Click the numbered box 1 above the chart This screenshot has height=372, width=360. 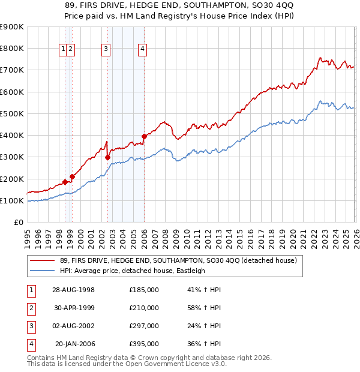point(63,50)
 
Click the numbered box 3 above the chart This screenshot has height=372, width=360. point(106,50)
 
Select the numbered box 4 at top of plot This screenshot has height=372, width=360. point(143,50)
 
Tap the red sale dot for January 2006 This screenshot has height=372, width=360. point(144,136)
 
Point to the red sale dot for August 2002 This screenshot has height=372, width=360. point(108,158)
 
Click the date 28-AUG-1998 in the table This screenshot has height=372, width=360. point(73,290)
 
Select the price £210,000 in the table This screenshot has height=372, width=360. point(144,308)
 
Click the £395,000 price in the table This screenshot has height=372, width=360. point(144,344)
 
